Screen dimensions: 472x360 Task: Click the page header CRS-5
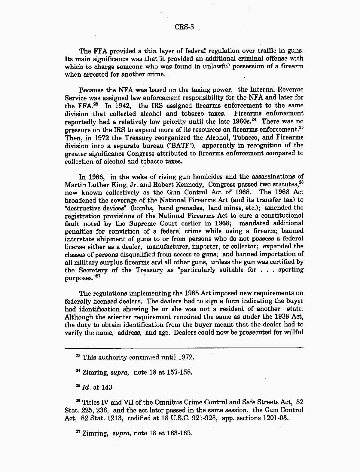[184, 27]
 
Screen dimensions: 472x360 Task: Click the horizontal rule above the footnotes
[184, 348]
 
